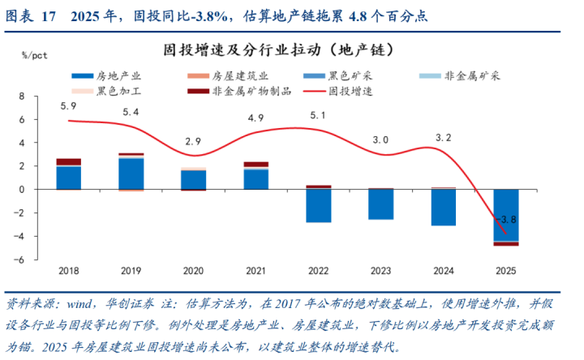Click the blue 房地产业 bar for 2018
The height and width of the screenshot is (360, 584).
[x=68, y=178]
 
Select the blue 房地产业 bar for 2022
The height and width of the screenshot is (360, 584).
[x=318, y=206]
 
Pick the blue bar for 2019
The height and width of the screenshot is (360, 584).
[x=131, y=174]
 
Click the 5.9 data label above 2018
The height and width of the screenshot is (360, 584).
[x=68, y=106]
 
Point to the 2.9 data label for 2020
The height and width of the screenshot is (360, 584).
[x=193, y=141]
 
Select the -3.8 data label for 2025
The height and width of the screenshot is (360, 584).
[x=507, y=219]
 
